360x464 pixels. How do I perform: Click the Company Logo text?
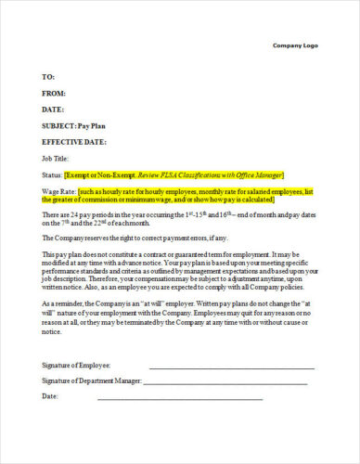pos(295,45)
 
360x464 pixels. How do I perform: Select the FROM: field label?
pos(54,93)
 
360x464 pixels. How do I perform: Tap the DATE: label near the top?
pos(53,110)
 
